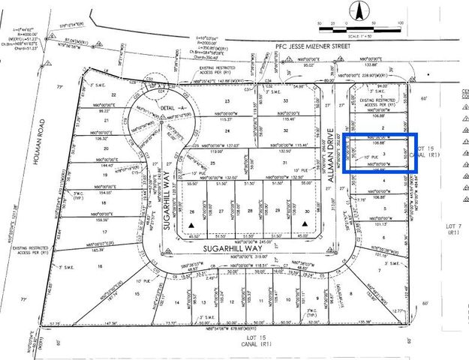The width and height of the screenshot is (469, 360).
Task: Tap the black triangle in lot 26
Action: point(193,225)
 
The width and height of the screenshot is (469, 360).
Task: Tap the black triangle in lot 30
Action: point(307,225)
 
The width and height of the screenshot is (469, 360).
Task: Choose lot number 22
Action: point(114,94)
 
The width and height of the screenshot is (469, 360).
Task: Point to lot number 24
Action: point(227,130)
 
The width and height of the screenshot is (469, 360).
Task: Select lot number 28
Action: point(250,212)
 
